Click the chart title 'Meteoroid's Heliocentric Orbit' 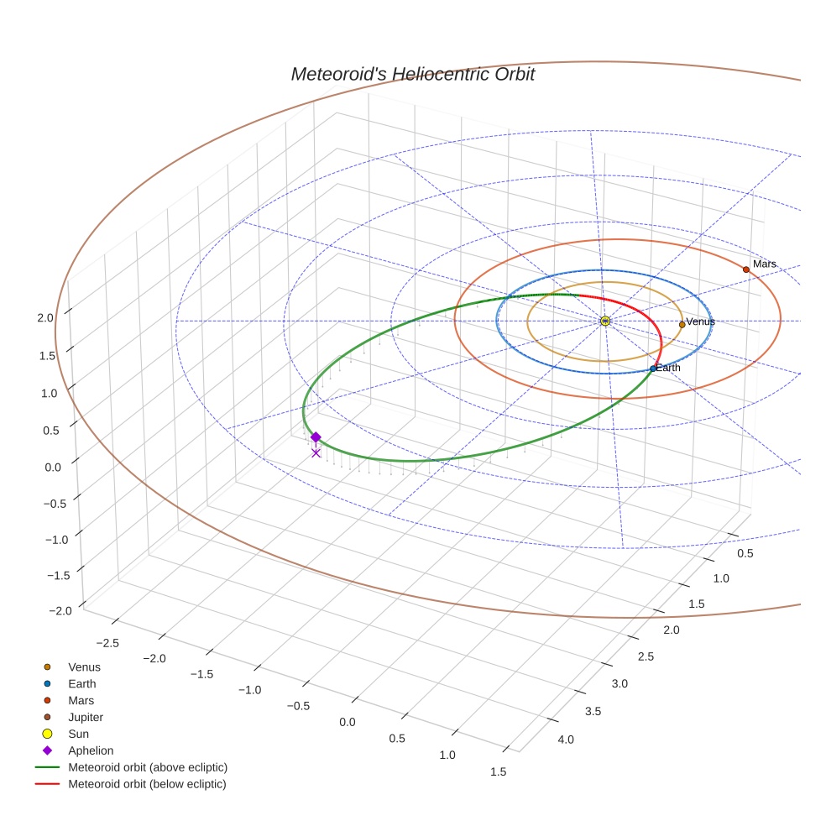point(412,74)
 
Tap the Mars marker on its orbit point(745,269)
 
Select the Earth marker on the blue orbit point(653,369)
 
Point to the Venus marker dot point(682,325)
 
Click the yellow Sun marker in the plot point(605,321)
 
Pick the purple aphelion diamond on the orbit point(316,437)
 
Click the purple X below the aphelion point(316,453)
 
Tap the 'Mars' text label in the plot point(764,264)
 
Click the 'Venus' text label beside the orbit point(700,322)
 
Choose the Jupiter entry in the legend point(85,717)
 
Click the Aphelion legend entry point(90,750)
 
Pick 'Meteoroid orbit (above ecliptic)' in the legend point(147,767)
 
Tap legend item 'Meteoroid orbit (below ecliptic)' point(147,784)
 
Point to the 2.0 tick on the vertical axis point(45,317)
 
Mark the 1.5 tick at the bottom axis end point(498,772)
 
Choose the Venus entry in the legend point(84,667)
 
